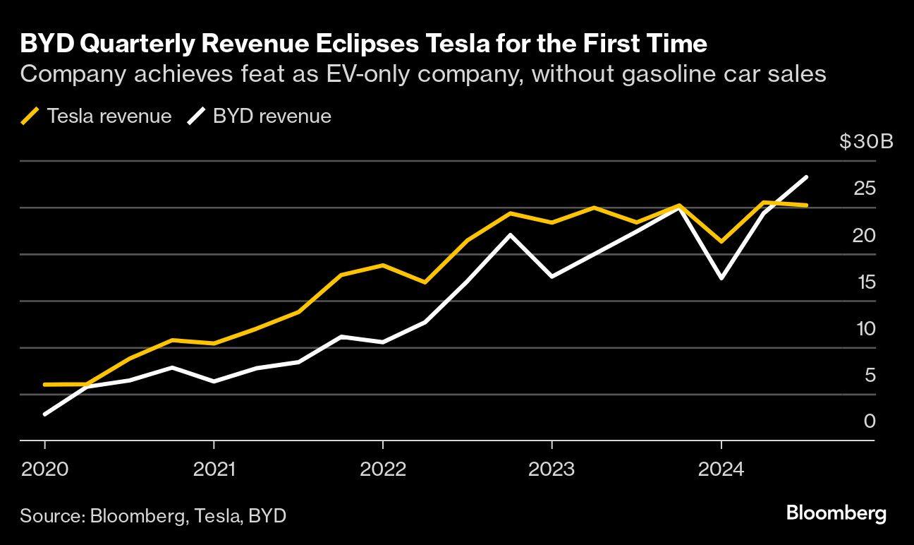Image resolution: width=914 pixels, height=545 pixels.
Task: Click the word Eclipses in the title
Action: pos(359,44)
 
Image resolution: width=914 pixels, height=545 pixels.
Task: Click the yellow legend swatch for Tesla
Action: pos(30,116)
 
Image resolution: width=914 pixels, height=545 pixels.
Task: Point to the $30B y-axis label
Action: pos(866,142)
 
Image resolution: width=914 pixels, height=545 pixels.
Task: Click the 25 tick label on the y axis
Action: pos(864,188)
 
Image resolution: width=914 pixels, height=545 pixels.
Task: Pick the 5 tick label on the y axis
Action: pos(870,375)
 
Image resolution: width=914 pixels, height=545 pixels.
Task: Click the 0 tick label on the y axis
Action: pos(870,421)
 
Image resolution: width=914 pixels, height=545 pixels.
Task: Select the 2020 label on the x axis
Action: pos(44,469)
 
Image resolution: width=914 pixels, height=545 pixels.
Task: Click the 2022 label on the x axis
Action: pos(382,469)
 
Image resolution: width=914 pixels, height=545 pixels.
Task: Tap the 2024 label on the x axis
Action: pos(721,469)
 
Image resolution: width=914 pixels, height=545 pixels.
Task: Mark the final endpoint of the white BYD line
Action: pos(806,177)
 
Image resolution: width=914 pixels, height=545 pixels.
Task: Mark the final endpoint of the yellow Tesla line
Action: pos(806,205)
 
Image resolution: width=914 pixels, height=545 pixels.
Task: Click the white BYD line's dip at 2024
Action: pos(721,278)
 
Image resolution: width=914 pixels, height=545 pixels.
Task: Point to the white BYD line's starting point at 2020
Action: pos(45,414)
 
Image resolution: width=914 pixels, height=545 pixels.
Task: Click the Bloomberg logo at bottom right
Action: pos(836,513)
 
